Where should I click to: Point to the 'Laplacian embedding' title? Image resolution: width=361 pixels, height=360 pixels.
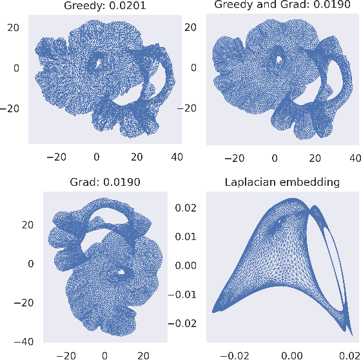coord(282,182)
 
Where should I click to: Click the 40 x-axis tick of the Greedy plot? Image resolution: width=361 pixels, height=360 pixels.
coord(176,157)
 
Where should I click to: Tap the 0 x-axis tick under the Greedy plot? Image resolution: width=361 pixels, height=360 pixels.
coord(97,157)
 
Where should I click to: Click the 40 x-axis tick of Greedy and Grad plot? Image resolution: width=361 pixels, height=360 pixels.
coord(353,157)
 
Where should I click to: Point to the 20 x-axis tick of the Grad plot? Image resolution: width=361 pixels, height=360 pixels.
coord(144,354)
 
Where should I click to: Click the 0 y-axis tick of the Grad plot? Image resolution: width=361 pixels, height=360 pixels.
coord(30,264)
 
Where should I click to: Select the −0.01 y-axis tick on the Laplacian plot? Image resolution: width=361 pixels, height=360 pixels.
coord(183,294)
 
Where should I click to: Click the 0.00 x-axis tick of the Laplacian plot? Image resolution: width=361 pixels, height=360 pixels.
coord(293,354)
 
